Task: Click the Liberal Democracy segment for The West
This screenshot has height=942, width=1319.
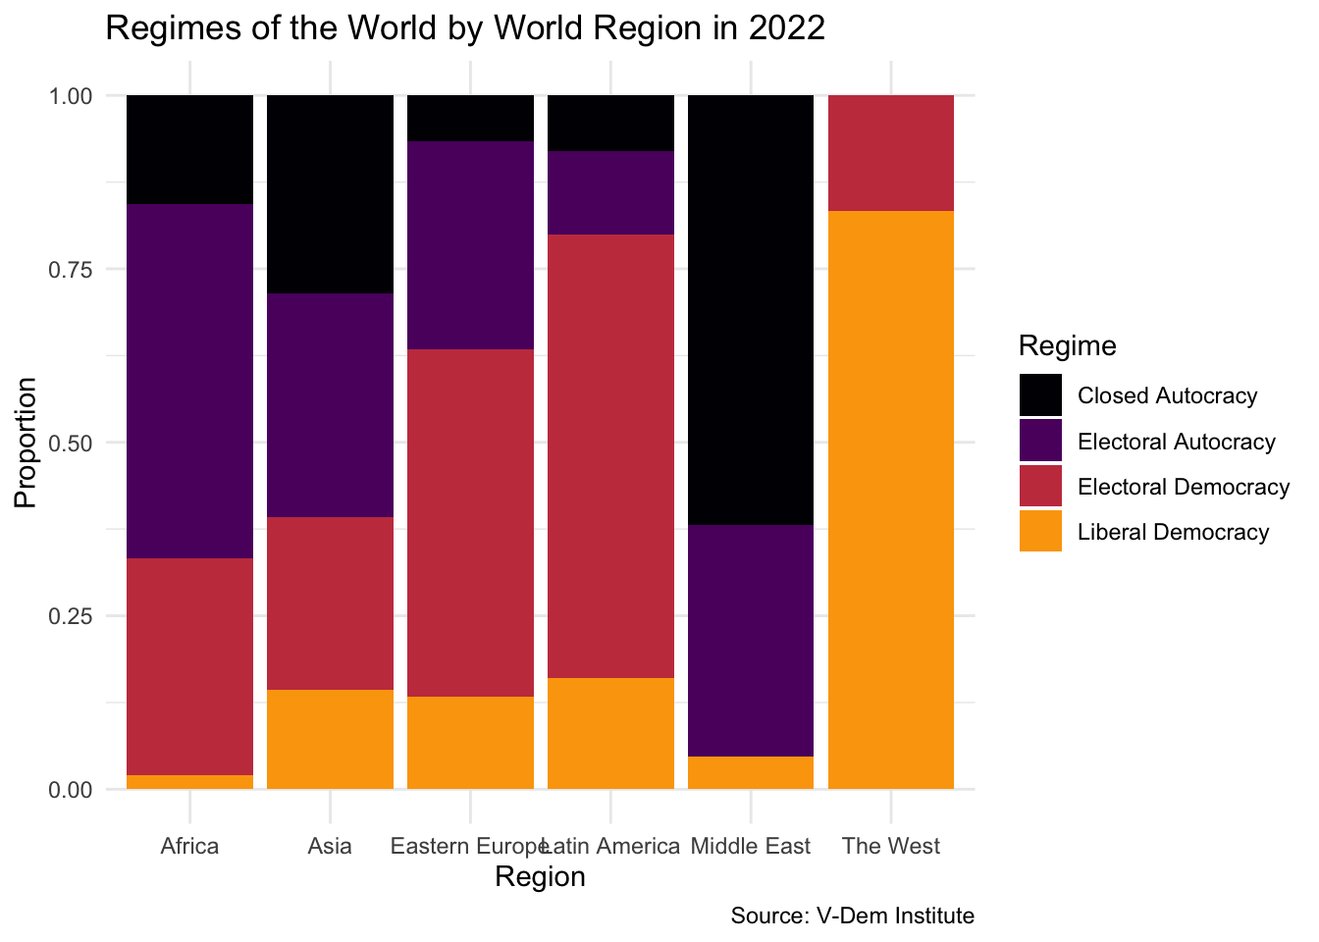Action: tap(891, 499)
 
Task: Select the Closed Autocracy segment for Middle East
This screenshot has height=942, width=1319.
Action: tap(751, 310)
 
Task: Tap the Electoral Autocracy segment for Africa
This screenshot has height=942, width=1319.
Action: tap(190, 381)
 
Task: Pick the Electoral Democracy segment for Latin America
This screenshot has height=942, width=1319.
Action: tap(610, 456)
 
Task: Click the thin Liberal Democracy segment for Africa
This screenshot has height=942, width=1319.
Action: tap(190, 782)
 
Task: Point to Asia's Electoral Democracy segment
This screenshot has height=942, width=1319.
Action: tap(330, 603)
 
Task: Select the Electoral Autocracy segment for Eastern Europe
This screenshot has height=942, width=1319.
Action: tap(470, 245)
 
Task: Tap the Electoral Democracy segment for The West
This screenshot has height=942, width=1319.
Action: tap(891, 153)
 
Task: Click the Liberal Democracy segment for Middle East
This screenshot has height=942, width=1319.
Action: tap(751, 772)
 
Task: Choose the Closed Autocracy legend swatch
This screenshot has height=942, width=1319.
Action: tap(1040, 395)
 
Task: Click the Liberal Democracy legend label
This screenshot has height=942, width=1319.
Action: tap(1173, 532)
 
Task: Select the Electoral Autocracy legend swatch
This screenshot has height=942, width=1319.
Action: tap(1040, 441)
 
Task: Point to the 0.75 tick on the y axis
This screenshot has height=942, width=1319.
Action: tap(71, 270)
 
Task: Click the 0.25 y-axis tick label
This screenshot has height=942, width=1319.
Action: tap(71, 616)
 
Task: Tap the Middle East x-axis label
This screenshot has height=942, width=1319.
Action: tap(751, 846)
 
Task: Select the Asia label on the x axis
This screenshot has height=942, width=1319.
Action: tap(330, 846)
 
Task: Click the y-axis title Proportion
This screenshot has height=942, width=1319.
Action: tap(26, 443)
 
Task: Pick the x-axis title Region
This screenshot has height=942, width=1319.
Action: tap(540, 876)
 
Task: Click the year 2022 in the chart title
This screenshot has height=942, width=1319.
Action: tap(786, 28)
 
